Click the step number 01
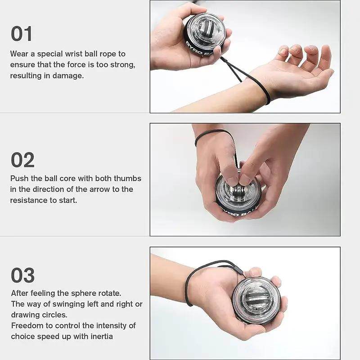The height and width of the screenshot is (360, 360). pos(22,34)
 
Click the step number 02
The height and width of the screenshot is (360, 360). pos(22,160)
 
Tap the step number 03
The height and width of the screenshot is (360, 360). pos(22,275)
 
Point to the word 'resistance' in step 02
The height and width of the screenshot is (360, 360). pos(29,200)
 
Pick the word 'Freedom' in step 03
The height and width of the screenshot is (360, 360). pos(26,325)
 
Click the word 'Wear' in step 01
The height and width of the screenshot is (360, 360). pos(19,54)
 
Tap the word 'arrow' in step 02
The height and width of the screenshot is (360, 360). pos(91,189)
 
